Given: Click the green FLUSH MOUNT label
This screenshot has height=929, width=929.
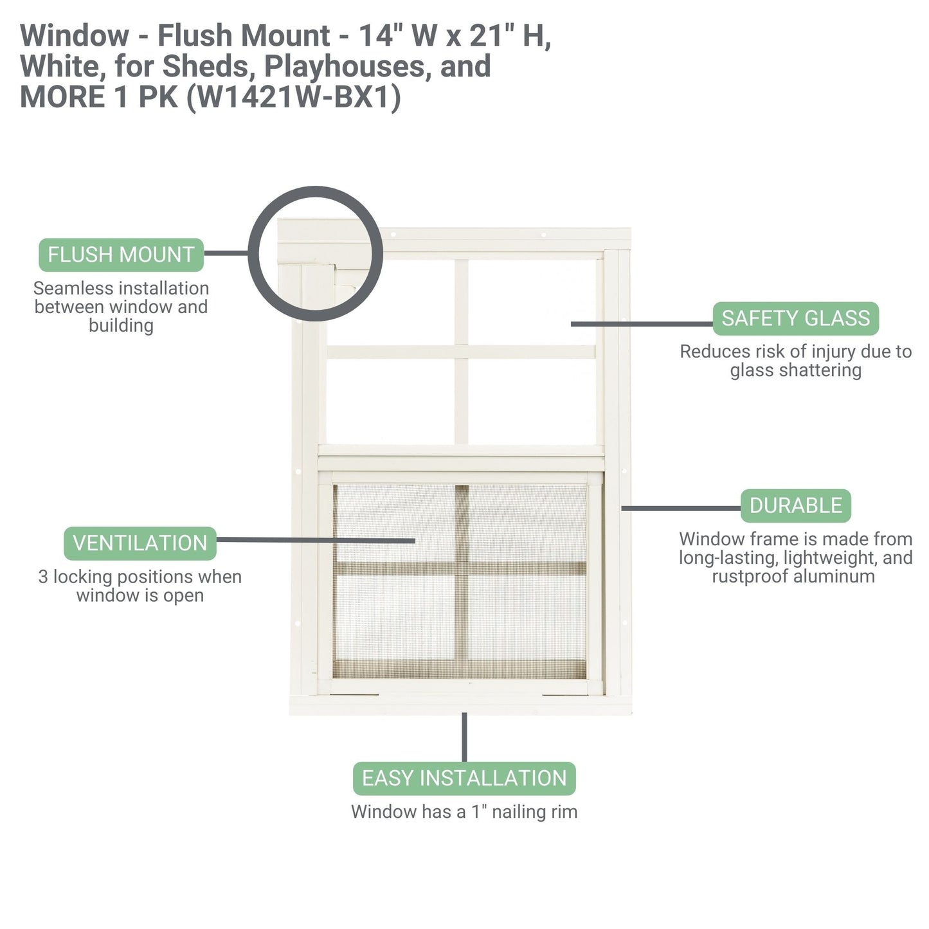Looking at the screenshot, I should pyautogui.click(x=121, y=255).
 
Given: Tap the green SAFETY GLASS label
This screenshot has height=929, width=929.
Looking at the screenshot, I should pyautogui.click(x=795, y=319).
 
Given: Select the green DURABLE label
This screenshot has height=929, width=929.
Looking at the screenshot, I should pyautogui.click(x=795, y=506).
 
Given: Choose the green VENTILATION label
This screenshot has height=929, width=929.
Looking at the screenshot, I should pyautogui.click(x=140, y=543).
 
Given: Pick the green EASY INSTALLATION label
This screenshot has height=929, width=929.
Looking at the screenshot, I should pyautogui.click(x=464, y=779).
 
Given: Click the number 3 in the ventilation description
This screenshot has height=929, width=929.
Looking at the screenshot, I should pyautogui.click(x=43, y=577).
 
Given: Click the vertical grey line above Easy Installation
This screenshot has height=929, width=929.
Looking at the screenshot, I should pyautogui.click(x=464, y=737).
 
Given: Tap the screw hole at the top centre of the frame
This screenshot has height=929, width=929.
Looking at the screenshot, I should pyautogui.click(x=544, y=235).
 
